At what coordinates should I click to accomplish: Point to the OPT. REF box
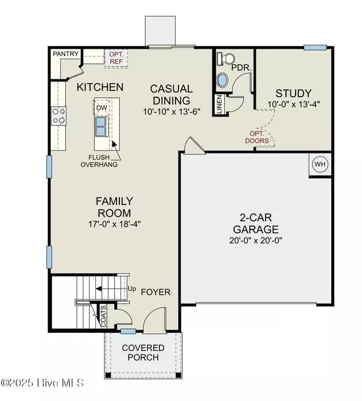[115, 57]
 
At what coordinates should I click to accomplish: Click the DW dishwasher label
[102, 107]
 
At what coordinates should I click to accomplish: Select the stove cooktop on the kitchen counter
[59, 116]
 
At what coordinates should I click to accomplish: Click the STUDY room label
[293, 93]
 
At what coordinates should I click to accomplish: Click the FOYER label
[156, 292]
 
